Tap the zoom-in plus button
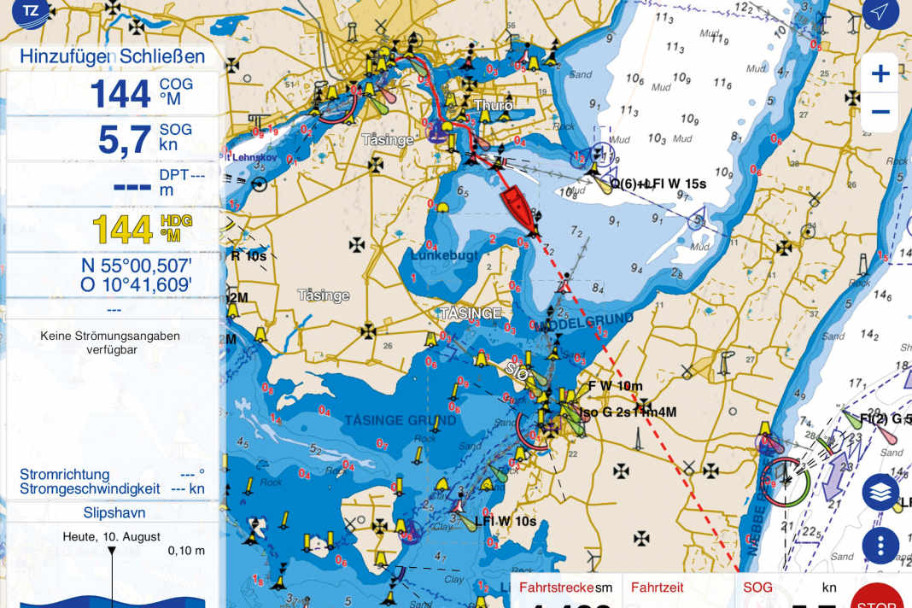(x=880, y=73)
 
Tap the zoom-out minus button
(x=880, y=112)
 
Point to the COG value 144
(x=120, y=93)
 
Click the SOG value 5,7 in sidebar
(x=124, y=139)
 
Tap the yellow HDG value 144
(x=122, y=229)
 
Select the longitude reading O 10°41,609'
(x=137, y=285)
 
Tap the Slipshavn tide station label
(x=114, y=513)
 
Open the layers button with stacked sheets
(x=880, y=494)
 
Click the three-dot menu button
(x=880, y=544)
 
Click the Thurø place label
(x=494, y=106)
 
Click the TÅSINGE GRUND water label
(x=389, y=421)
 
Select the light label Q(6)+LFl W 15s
(x=658, y=184)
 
